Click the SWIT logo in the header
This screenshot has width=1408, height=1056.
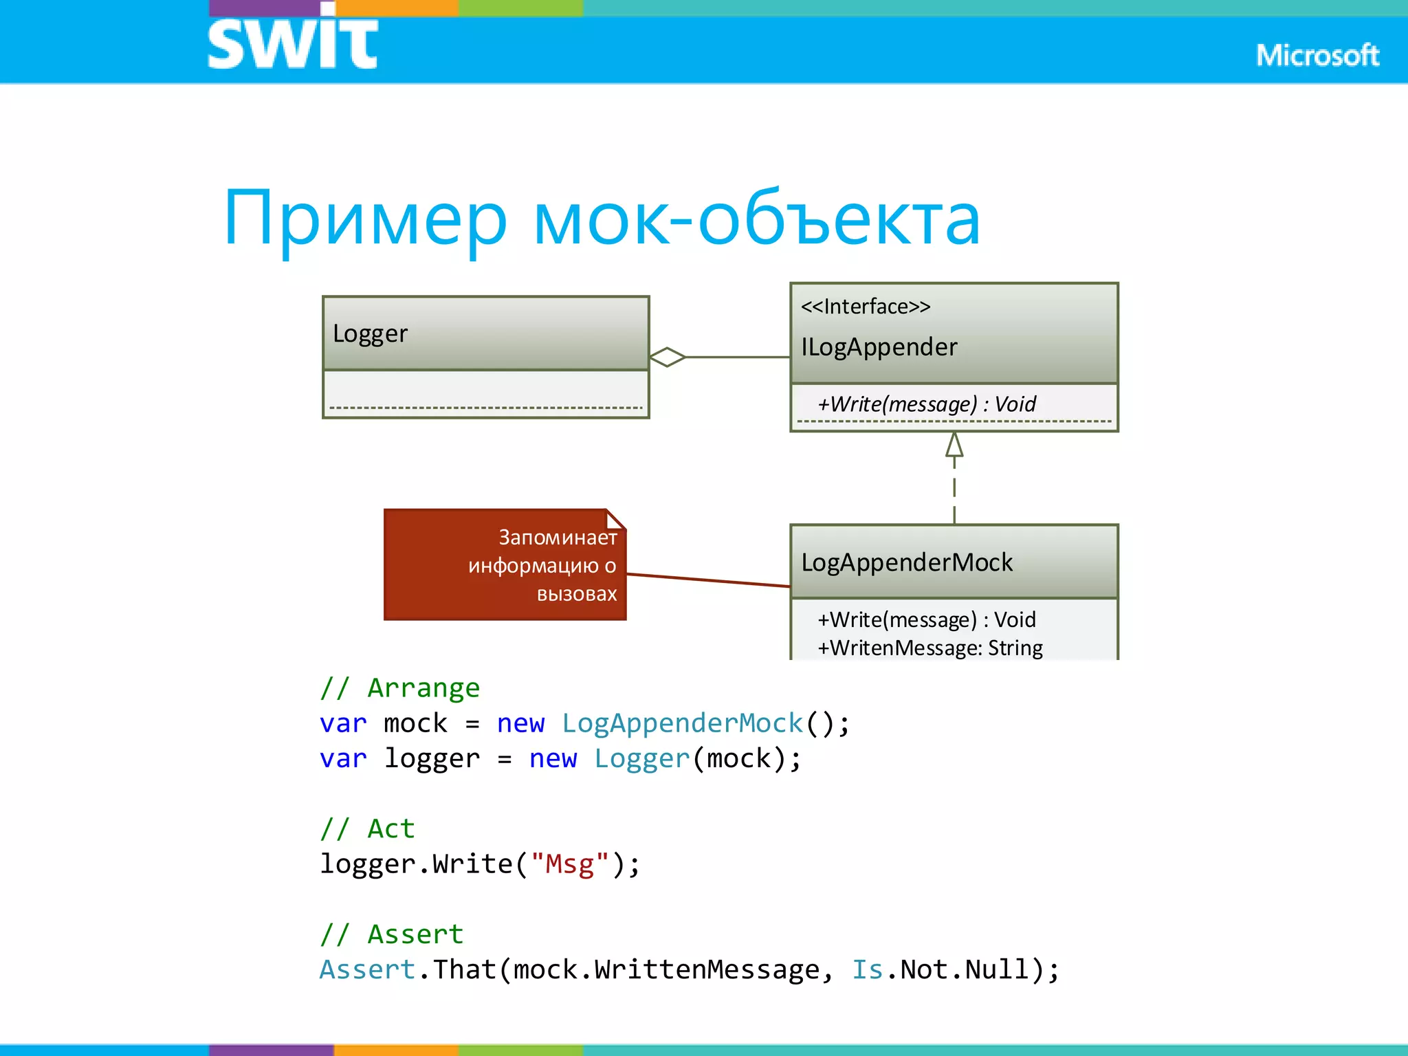(292, 43)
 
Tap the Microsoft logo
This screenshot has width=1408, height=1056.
(1317, 55)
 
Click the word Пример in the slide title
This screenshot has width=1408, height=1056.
(365, 219)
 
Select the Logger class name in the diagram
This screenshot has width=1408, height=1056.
(370, 333)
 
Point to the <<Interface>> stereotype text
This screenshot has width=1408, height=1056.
(866, 306)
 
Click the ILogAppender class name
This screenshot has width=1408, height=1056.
(879, 347)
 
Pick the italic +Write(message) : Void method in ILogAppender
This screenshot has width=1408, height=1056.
(926, 404)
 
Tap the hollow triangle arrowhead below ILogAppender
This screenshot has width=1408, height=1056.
(954, 445)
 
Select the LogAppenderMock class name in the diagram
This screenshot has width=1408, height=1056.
(907, 562)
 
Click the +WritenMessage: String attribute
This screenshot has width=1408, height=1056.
(929, 648)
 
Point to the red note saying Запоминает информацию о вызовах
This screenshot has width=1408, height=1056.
(505, 565)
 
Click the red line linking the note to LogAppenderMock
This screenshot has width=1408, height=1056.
(708, 580)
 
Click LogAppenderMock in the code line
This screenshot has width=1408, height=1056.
(683, 723)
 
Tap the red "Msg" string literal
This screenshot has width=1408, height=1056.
(570, 863)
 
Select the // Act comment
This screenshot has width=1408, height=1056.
(368, 828)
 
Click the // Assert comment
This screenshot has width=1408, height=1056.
(392, 934)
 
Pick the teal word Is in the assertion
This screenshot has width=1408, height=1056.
(868, 969)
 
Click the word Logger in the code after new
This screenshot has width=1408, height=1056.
(642, 758)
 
